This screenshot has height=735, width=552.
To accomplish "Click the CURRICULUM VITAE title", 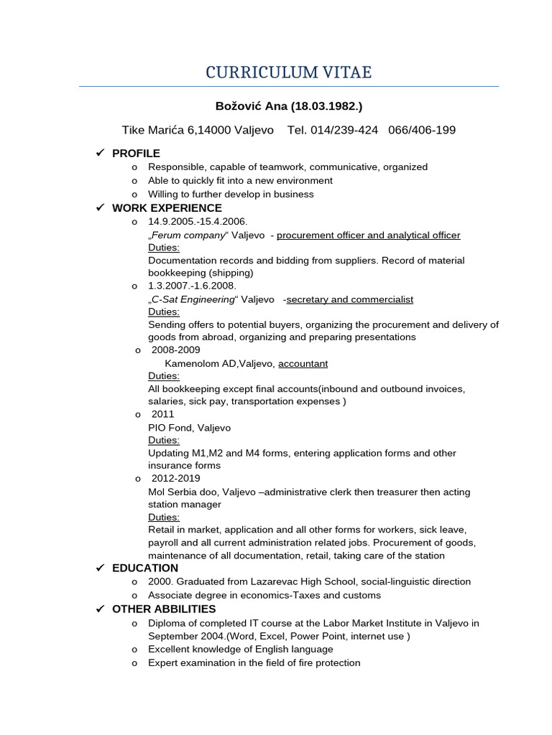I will click(289, 72).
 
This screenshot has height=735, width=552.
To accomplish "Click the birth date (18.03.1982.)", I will click(326, 106).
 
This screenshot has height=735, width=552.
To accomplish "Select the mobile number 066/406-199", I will click(422, 130).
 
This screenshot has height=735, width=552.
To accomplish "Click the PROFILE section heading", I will click(136, 154).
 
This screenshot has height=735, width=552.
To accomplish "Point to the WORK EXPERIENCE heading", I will click(167, 208).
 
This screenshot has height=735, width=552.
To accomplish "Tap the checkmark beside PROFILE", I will click(101, 153).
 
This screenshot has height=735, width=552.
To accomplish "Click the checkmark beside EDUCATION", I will click(101, 568).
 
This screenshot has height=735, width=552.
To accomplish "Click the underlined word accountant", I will click(303, 364).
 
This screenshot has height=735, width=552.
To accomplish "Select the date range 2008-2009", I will click(175, 350).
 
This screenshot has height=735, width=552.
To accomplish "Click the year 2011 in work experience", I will click(162, 414).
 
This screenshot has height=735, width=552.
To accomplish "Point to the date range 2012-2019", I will click(175, 478).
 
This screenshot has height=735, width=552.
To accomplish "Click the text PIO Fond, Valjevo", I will click(189, 428).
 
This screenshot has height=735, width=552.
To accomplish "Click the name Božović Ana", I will click(251, 106).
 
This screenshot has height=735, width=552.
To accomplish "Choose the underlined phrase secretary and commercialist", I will click(349, 299).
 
